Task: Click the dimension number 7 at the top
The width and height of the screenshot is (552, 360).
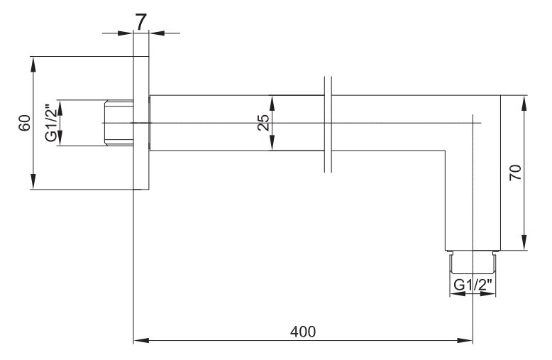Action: coord(140,22)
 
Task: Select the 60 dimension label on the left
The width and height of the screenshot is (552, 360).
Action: coord(25,123)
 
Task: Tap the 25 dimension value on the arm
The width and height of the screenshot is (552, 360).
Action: coord(263,123)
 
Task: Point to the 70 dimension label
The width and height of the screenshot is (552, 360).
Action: coord(515,173)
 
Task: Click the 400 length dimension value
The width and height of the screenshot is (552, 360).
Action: coord(303,332)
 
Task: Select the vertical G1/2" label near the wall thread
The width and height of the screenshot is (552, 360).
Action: coord(52,123)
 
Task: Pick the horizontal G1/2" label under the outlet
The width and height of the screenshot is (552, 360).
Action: coord(473,285)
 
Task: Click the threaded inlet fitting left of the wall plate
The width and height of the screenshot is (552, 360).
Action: coord(119,123)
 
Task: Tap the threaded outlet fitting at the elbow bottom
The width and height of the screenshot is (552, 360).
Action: coord(473,262)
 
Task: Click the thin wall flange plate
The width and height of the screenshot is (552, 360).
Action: coord(141,123)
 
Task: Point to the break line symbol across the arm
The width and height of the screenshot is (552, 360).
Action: coord(328,124)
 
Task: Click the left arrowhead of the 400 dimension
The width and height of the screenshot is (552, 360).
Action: coord(141,341)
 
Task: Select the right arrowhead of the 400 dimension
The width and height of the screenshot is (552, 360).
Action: coord(465,341)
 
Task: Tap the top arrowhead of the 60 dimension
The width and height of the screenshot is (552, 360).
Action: coord(33,64)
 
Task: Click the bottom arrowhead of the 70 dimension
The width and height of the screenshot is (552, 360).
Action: coord(524,242)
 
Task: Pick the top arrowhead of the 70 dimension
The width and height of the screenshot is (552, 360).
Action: coord(524,103)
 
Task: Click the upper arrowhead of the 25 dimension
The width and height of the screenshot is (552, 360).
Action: coord(272,103)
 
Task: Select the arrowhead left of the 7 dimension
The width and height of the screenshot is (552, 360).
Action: coord(126,33)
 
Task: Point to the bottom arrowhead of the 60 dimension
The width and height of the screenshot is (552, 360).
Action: coord(33,181)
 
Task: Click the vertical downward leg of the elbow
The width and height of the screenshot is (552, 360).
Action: coord(473,201)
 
